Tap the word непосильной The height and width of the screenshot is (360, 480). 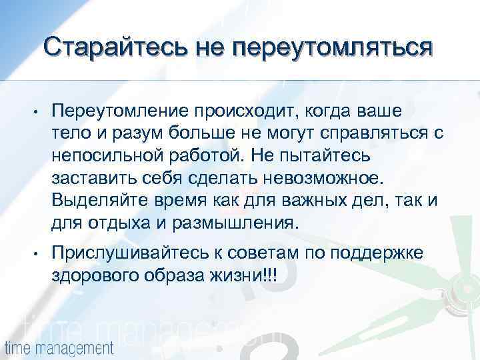(107, 155)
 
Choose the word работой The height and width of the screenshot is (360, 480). (210, 155)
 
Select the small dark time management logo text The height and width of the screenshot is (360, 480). (59, 347)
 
